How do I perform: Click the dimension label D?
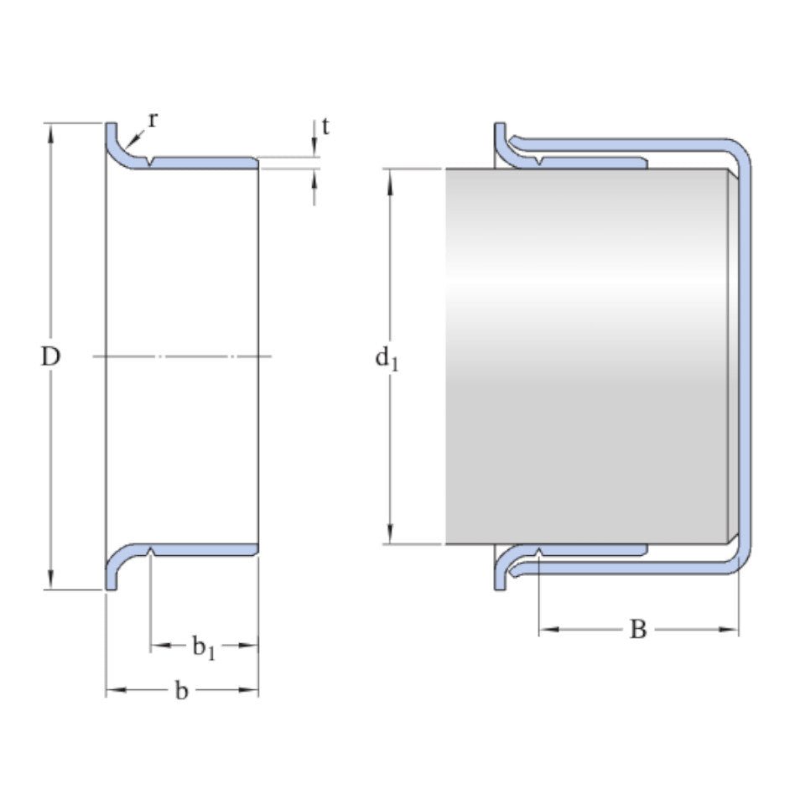[x=51, y=357]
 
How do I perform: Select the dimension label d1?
[x=386, y=358]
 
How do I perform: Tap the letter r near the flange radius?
[x=152, y=119]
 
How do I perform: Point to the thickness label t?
[x=325, y=127]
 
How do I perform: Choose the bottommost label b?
[x=181, y=692]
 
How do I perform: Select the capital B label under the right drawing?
[x=638, y=630]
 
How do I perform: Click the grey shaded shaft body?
[x=587, y=356]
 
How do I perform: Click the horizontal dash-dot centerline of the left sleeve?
[x=181, y=357]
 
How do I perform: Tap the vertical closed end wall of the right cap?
[x=745, y=356]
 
